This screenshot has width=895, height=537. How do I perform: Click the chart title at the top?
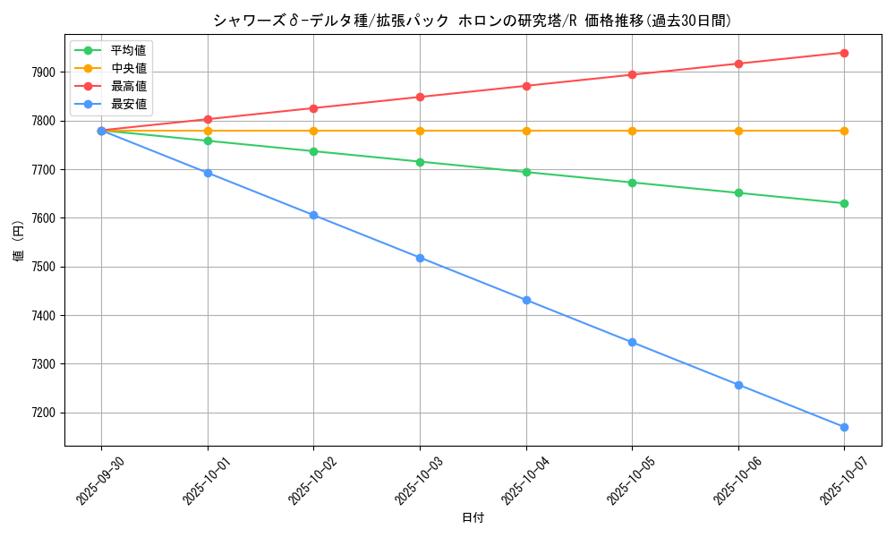(472, 21)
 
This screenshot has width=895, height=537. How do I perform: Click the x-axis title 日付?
(473, 518)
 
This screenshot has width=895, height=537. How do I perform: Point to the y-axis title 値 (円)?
(19, 241)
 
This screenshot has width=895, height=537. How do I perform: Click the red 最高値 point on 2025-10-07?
(844, 53)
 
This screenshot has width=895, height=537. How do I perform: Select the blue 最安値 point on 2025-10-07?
(844, 427)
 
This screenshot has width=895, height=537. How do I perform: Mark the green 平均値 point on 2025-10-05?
(632, 183)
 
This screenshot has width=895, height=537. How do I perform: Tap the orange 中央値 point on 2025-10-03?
(420, 131)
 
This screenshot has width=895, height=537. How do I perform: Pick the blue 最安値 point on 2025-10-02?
(313, 215)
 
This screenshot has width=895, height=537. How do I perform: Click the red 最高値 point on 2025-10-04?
(526, 86)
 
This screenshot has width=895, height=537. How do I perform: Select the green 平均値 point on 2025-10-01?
(208, 141)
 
